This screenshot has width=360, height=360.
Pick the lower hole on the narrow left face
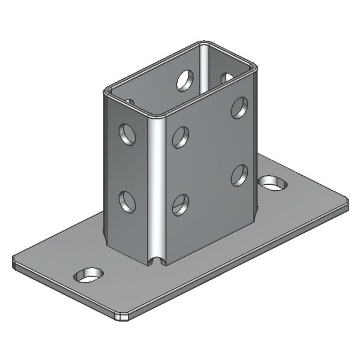tap(127, 200)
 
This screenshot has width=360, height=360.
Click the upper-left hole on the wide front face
tap(180, 137)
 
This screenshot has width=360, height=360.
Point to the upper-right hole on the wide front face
tap(239, 107)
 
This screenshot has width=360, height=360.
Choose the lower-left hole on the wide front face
tap(180, 205)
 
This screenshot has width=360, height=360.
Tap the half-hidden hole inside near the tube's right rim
tap(227, 77)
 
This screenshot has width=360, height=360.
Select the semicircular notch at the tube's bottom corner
tap(157, 261)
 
